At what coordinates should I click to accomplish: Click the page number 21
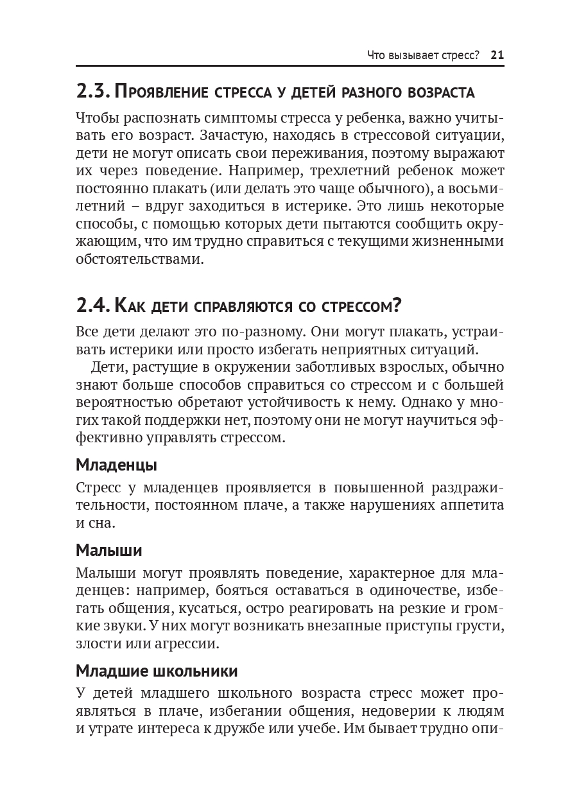pyautogui.click(x=497, y=55)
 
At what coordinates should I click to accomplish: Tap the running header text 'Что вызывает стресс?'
pyautogui.click(x=423, y=55)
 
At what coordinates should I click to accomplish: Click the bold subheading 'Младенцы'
pyautogui.click(x=116, y=464)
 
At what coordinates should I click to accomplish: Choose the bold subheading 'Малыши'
pyautogui.click(x=109, y=550)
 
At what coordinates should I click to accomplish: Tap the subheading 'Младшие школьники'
pyautogui.click(x=157, y=671)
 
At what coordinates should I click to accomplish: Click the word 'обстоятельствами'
pyautogui.click(x=140, y=260)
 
